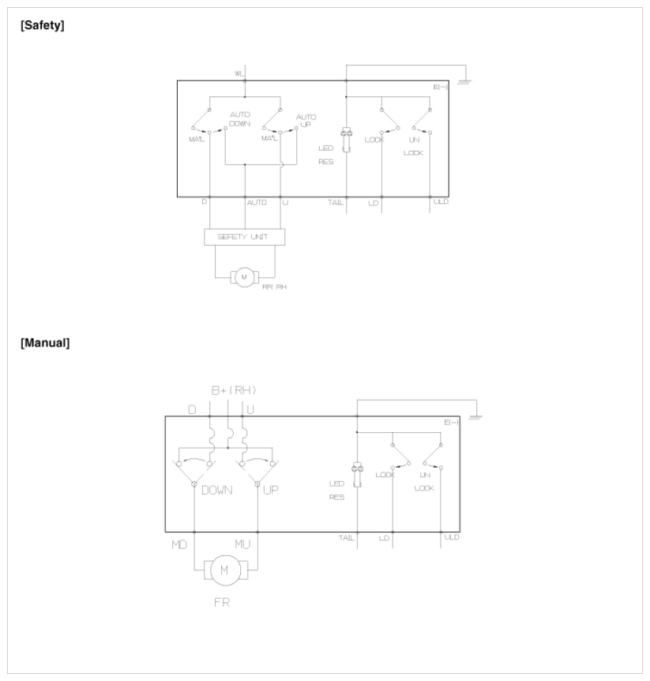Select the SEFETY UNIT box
244,236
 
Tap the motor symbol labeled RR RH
244,277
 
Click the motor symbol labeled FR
224,569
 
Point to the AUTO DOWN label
240,119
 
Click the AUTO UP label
306,121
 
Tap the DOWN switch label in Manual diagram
216,490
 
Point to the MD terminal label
178,544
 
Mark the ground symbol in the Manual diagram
475,416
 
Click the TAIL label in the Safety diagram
336,203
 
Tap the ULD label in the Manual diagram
452,537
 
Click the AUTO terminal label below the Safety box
257,203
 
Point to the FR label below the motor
223,601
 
